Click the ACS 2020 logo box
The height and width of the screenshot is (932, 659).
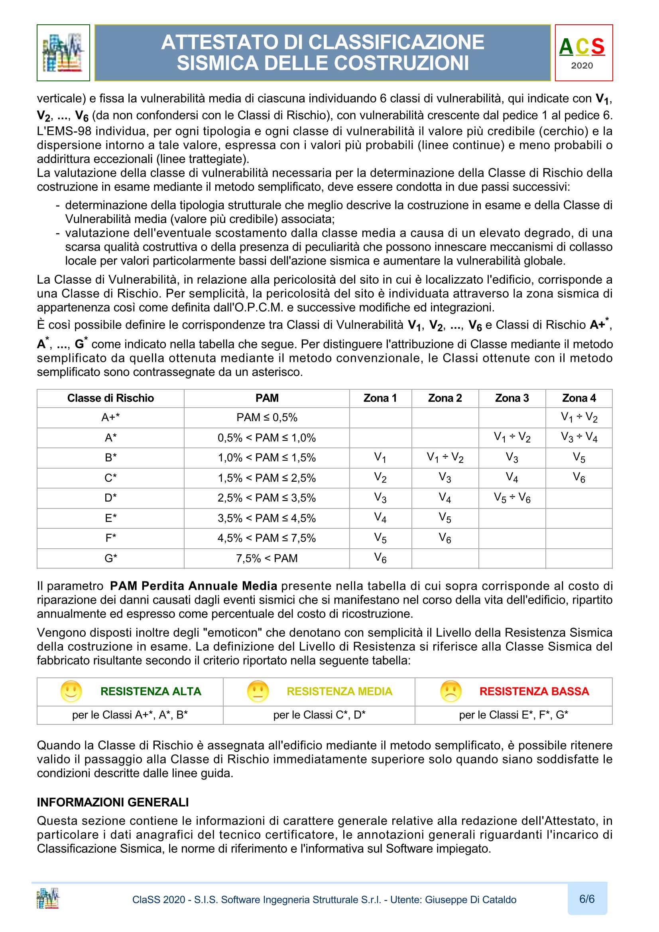[x=583, y=53]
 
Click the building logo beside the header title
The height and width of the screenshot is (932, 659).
[x=63, y=53]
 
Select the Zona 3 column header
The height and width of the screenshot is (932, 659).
[x=511, y=398]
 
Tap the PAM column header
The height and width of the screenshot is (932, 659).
[x=267, y=398]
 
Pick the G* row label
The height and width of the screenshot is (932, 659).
[x=110, y=558]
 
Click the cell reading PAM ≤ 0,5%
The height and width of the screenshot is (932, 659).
[x=267, y=417]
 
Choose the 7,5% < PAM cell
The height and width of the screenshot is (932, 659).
[x=267, y=558]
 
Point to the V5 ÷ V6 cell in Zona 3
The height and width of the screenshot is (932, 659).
[x=511, y=498]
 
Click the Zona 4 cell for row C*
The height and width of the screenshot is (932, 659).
[x=578, y=477]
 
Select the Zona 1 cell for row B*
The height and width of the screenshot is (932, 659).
[x=380, y=457]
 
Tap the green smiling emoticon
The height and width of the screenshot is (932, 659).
[x=71, y=691]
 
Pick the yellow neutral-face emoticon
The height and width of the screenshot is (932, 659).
[x=258, y=691]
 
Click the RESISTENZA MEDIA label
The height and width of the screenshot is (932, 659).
[x=339, y=691]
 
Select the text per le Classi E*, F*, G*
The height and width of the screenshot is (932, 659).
[x=513, y=715]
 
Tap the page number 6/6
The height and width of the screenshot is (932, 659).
[x=587, y=899]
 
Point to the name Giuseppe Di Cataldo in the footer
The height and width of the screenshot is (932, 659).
[x=470, y=900]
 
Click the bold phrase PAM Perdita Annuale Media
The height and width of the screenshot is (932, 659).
[x=194, y=586]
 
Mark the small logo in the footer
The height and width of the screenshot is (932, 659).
[x=47, y=898]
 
